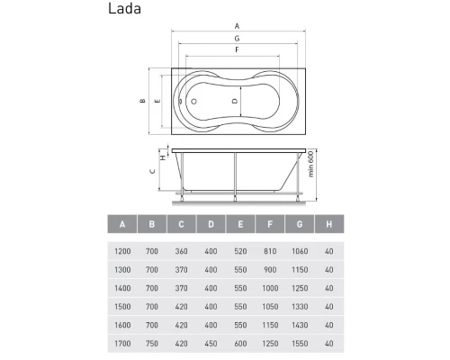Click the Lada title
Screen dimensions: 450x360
[x=124, y=8]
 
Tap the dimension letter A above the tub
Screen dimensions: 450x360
[x=237, y=26]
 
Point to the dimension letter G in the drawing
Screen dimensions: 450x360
[x=237, y=39]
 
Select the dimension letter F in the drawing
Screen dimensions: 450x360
[x=237, y=49]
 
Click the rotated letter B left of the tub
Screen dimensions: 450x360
[x=143, y=101]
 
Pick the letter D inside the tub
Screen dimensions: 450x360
[x=235, y=101]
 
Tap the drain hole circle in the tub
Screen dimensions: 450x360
[x=193, y=102]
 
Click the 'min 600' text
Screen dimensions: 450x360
[x=310, y=164]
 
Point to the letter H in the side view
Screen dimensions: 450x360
[x=163, y=157]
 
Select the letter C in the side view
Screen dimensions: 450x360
[x=152, y=171]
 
